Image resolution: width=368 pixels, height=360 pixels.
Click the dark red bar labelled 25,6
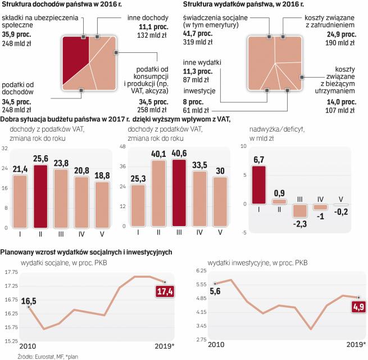click(x=40, y=197)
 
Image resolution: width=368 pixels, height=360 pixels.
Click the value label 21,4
click(x=20, y=169)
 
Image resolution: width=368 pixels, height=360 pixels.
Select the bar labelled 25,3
click(x=137, y=205)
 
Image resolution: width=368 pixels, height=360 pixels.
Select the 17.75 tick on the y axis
click(x=10, y=272)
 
